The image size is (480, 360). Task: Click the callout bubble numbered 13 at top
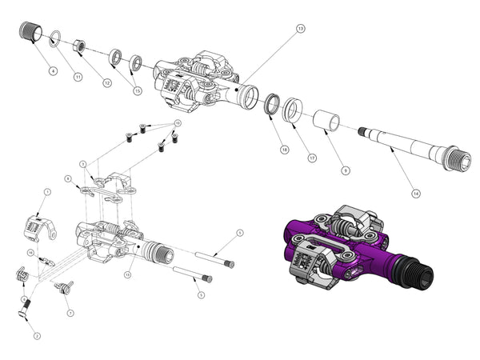coord(300,29)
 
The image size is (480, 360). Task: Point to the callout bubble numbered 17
coord(311,158)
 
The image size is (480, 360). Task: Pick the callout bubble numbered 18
coord(284,150)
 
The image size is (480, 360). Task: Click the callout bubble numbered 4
coord(52,71)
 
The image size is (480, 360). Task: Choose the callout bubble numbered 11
coord(78,77)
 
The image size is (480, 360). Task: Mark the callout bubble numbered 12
coord(106,82)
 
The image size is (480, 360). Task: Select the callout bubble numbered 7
coord(70,312)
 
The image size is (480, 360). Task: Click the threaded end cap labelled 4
coord(31,32)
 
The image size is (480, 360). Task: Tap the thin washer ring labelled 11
coord(55,37)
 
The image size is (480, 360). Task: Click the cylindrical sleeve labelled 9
coord(325,121)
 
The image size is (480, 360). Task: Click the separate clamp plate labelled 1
coord(37,226)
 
